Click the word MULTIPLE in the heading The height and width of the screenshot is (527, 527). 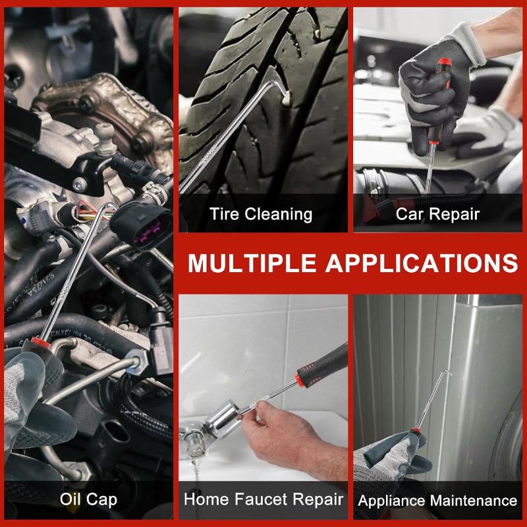tap(252, 263)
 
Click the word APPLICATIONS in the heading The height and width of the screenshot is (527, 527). tap(422, 263)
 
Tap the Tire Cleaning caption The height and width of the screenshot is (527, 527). tap(261, 214)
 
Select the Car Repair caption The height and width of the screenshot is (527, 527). tap(437, 213)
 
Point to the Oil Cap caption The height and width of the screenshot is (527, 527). tap(89, 499)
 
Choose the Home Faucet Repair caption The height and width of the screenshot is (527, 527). tap(263, 499)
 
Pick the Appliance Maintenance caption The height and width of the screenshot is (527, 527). tap(437, 501)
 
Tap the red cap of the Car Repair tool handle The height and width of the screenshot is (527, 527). tap(443, 62)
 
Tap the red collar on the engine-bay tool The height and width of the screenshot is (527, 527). tap(41, 343)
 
